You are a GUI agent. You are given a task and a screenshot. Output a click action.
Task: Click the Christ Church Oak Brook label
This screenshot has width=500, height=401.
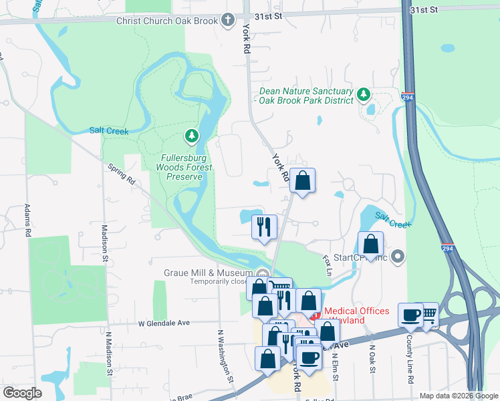[x=167, y=21]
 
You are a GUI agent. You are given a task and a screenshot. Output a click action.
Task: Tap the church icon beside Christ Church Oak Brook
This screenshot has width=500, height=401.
[x=229, y=20]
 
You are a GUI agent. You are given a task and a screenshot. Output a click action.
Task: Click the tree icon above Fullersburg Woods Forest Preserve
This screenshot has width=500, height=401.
[x=193, y=137]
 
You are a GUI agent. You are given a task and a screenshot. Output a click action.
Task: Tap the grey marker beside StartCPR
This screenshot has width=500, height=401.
[x=398, y=256]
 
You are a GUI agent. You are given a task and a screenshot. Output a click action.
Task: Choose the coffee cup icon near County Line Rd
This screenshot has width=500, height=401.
[x=410, y=314]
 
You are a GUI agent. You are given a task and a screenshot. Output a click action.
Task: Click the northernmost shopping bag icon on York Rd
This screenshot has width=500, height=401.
[x=302, y=180]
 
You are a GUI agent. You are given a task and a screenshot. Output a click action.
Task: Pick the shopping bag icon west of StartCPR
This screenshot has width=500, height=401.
[x=370, y=244]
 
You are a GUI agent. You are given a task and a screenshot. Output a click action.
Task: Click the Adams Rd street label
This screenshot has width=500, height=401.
[x=28, y=221]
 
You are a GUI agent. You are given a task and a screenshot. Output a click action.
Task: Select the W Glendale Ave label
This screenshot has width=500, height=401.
[x=164, y=323]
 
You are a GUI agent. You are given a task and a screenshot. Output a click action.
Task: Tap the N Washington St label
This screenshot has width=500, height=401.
[x=227, y=355]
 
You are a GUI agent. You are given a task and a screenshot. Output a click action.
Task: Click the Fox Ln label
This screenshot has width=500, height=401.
[x=328, y=263]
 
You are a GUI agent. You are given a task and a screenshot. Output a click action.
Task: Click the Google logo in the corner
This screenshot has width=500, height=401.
[x=22, y=392]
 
